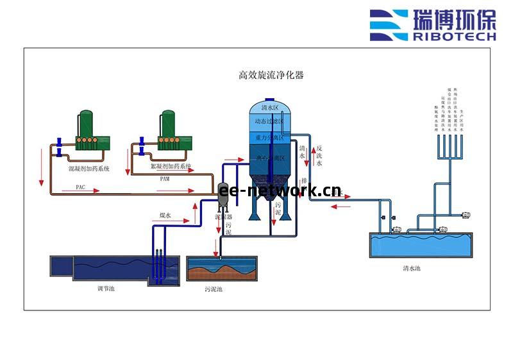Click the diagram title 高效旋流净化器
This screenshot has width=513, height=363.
tap(271, 75)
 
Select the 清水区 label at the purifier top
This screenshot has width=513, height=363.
tap(270, 108)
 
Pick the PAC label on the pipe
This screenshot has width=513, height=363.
tap(80, 187)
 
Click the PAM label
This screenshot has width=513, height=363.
tap(165, 179)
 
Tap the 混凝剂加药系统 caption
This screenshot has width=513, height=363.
tap(89, 169)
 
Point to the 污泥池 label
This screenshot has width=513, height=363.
tap(214, 289)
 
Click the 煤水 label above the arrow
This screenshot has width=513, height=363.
tap(165, 216)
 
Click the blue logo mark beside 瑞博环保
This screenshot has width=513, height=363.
tap(389, 24)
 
